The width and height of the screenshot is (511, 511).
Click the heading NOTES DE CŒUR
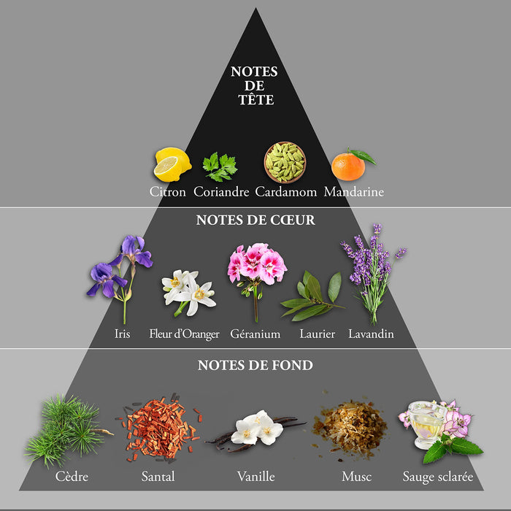pyautogui.click(x=255, y=220)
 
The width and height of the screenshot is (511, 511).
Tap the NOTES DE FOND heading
pyautogui.click(x=255, y=365)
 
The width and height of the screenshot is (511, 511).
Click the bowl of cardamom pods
pyautogui.click(x=285, y=162)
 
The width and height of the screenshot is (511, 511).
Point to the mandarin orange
pyautogui.click(x=352, y=164)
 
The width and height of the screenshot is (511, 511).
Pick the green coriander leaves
pyautogui.click(x=220, y=167)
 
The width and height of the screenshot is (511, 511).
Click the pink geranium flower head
pyautogui.click(x=257, y=264)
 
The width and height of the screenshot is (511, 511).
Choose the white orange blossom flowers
pyautogui.click(x=188, y=292)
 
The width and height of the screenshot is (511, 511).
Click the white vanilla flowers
pyautogui.click(x=256, y=428)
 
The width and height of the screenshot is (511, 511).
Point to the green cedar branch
pyautogui.click(x=67, y=430)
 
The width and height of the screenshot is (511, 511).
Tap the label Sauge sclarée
pyautogui.click(x=438, y=477)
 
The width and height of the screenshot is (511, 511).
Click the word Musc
pyautogui.click(x=356, y=477)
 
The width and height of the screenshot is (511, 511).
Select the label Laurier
pyautogui.click(x=317, y=334)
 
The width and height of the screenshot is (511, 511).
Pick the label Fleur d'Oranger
pyautogui.click(x=184, y=334)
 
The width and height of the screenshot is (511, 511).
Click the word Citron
pyautogui.click(x=167, y=191)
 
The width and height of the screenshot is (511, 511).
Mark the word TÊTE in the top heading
pyautogui.click(x=255, y=99)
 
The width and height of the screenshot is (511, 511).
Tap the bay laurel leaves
pyautogui.click(x=312, y=296)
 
